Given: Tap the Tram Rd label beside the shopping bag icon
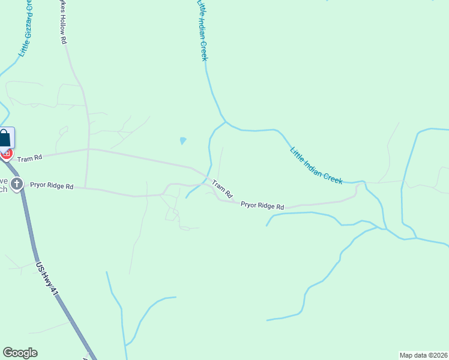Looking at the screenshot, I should [29, 158].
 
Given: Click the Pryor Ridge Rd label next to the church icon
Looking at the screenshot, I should [52, 186].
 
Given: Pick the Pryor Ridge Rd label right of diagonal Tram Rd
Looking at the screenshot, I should [262, 205].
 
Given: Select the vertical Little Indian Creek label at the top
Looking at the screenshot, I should [203, 30].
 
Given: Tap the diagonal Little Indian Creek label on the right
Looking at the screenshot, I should [316, 166].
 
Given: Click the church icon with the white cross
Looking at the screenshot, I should [17, 184].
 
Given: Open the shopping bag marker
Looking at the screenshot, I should [5, 138].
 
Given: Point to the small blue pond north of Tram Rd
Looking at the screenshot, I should [182, 141].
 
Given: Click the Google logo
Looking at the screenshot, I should [20, 353].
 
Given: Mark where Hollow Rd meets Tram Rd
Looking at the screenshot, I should [89, 149].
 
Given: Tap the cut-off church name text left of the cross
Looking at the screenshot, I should [4, 185].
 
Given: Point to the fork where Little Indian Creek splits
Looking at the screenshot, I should [225, 122].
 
